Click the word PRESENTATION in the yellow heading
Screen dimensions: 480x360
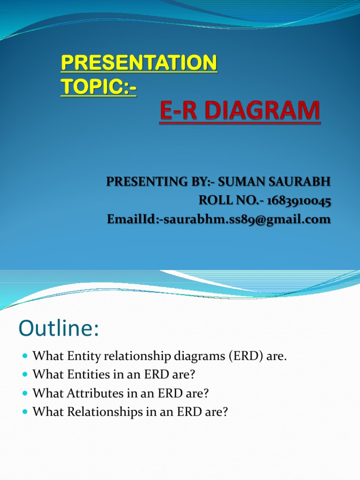(139, 63)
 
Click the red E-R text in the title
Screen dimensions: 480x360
(176, 113)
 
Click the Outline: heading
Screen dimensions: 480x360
(59, 329)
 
